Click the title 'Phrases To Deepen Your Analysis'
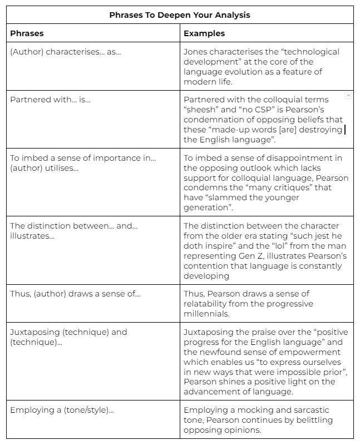click(180, 15)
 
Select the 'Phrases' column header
click(27, 33)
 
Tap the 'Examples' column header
click(204, 33)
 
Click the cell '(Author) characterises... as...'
click(66, 52)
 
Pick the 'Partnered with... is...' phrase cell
click(50, 100)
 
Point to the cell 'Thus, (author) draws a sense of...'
click(75, 294)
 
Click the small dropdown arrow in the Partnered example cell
click(348, 96)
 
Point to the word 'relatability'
click(207, 304)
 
